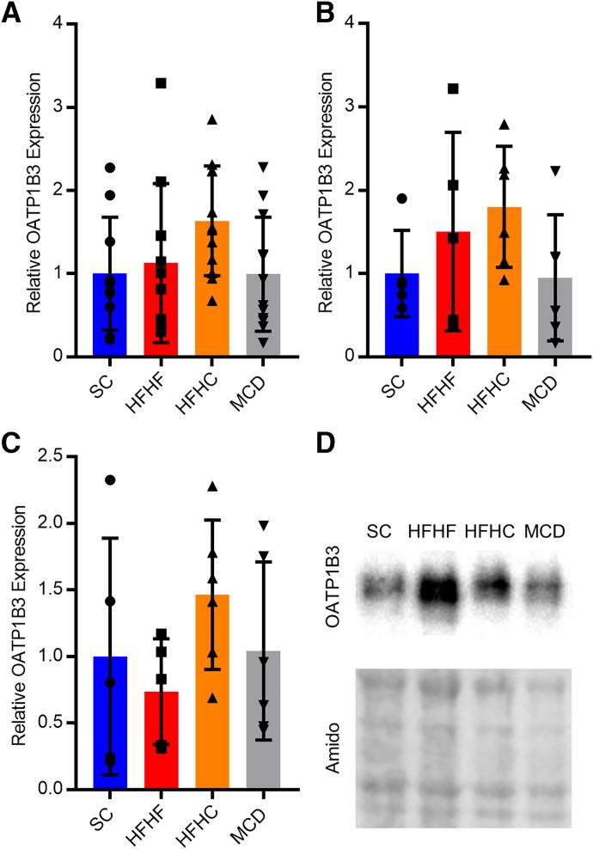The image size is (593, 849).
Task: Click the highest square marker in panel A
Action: point(161,82)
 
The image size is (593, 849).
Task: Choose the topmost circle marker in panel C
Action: point(110,479)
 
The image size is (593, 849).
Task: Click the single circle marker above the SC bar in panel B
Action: point(401,199)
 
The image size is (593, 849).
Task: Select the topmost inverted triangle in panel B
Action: point(555,171)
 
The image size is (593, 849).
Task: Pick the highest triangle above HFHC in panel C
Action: point(212,487)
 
